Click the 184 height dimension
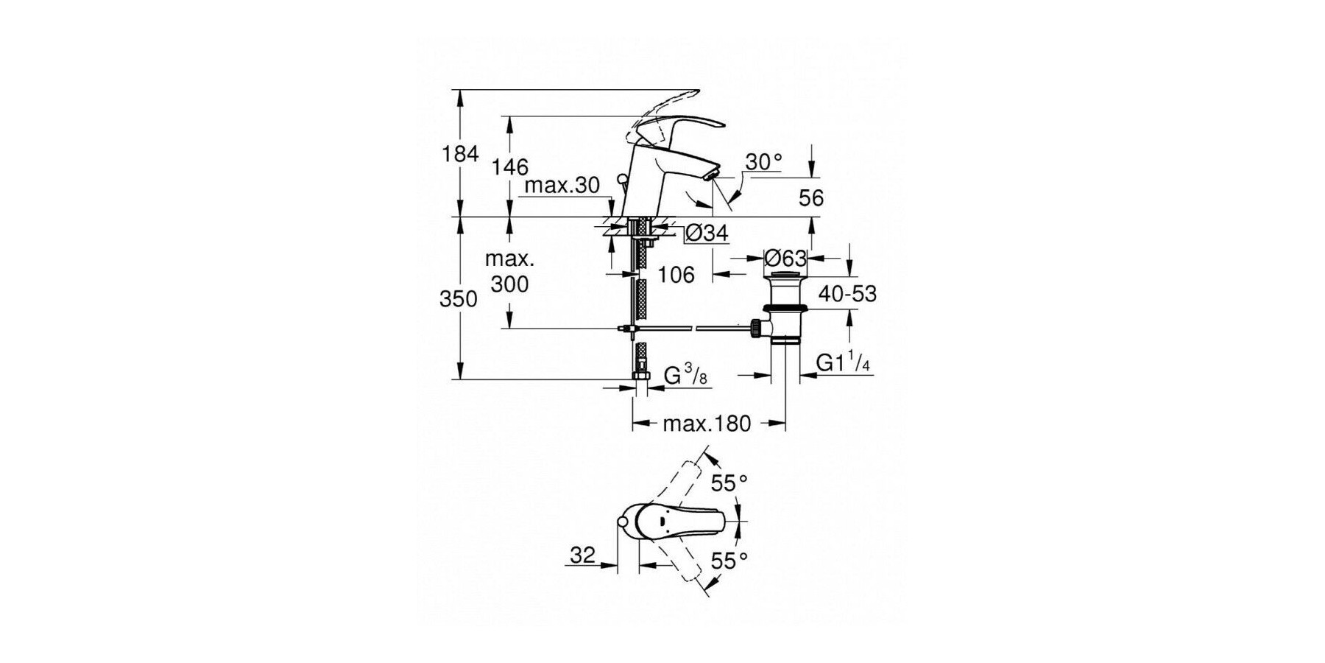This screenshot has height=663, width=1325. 460,154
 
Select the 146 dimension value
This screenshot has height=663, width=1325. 510,167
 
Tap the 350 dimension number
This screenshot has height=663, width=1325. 459,298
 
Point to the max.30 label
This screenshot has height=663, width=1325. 562,185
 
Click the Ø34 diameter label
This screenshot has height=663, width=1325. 706,234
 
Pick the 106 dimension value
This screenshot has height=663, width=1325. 676,274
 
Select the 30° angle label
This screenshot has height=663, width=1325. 763,161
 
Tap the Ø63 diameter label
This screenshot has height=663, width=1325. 785,258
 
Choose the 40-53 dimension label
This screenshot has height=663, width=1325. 847,294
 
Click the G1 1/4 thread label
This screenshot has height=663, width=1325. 844,362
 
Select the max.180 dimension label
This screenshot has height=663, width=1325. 707,424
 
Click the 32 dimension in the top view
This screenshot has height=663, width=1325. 582,555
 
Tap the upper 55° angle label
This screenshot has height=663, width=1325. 729,483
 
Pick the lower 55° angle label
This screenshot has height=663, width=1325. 729,561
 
